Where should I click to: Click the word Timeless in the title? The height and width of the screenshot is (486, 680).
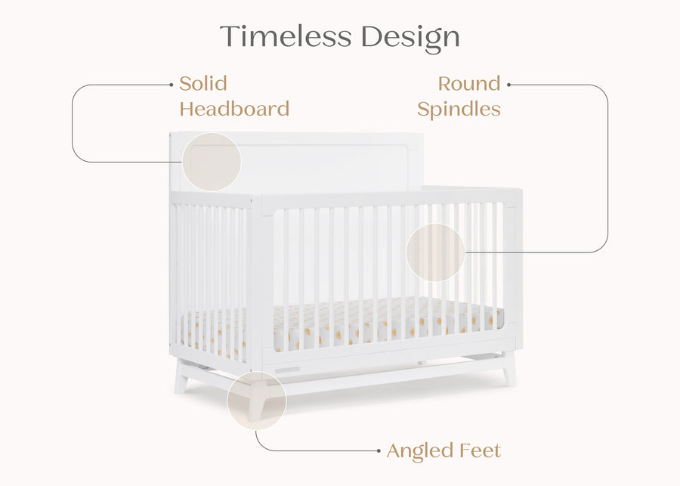286,36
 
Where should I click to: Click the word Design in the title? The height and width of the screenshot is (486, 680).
410,36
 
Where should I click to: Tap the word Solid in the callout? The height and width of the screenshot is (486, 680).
202,83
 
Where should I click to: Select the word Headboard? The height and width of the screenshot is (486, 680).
234,109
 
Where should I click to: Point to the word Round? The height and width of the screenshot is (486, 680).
469,83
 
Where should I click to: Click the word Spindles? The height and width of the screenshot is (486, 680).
459,109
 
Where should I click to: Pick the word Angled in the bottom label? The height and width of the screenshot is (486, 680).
421,451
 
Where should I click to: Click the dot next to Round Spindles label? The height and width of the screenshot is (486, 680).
509,84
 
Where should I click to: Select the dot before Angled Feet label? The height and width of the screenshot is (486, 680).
379,451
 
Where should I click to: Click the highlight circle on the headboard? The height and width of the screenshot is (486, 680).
212,162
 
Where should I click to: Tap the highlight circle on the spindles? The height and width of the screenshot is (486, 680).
436,252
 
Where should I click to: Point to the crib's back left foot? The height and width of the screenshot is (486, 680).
181,378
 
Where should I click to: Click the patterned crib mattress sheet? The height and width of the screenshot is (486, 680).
378,321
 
